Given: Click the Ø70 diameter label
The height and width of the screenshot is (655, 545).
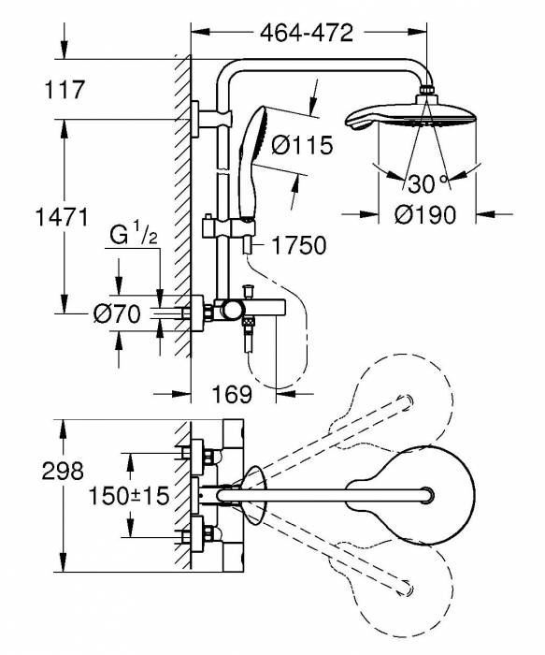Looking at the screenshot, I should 116,315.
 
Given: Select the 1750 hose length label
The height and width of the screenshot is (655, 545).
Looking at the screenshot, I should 300,247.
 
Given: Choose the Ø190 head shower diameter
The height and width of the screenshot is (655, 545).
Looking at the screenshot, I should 424,215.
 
